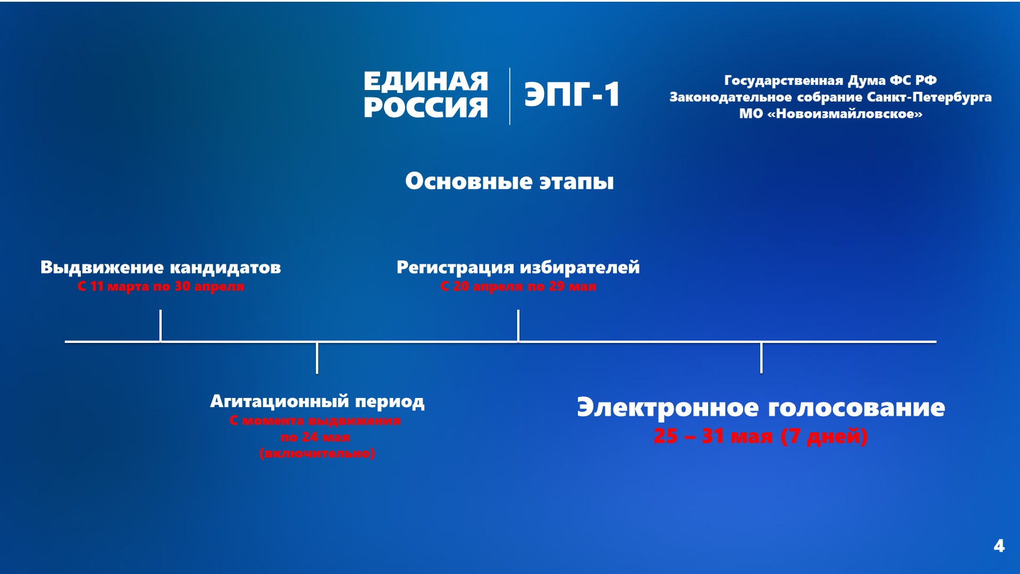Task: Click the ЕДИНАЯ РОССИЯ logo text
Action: click(425, 95)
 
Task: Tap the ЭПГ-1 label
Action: click(572, 95)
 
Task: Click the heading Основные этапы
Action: click(509, 181)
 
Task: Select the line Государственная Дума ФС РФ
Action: click(830, 80)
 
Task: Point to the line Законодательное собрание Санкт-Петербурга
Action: click(830, 97)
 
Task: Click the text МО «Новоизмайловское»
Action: click(830, 114)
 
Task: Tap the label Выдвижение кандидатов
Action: click(161, 267)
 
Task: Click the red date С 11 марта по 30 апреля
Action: click(161, 286)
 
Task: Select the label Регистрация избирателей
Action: click(518, 267)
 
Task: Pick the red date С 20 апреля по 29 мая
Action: click(518, 286)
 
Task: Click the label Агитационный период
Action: click(317, 401)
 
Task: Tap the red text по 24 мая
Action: click(315, 437)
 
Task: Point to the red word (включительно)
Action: click(317, 454)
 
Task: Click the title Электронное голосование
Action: click(761, 407)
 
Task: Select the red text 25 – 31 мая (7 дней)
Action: click(760, 436)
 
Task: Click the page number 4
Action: click(999, 545)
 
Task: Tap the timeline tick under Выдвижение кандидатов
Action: click(161, 325)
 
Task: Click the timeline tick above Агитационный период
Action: click(317, 358)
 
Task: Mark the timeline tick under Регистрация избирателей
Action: click(518, 325)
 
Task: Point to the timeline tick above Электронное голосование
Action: click(761, 358)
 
